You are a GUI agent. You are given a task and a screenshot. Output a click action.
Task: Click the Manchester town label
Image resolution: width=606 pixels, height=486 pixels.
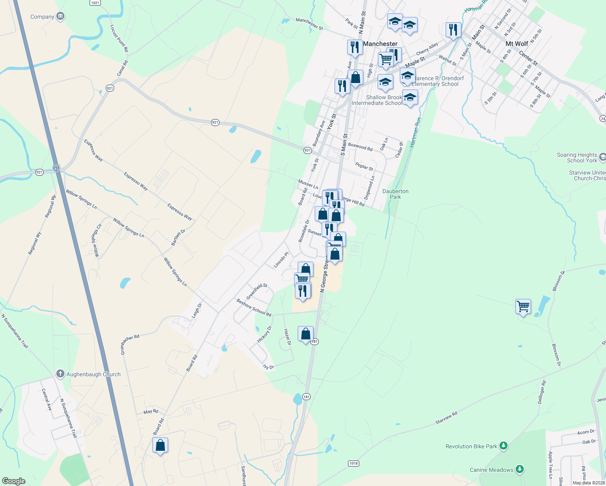point(380,44)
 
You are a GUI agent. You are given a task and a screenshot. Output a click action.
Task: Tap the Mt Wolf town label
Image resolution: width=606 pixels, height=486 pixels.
point(517,44)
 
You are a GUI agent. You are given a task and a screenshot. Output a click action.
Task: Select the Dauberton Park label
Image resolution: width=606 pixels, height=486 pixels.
point(395,194)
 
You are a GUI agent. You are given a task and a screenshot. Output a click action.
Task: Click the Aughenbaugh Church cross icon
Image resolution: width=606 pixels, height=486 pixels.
point(60,374)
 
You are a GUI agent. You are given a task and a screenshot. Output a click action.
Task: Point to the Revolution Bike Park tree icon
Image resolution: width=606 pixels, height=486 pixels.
point(504,446)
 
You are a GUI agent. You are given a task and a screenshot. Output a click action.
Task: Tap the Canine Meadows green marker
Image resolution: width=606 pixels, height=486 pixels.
point(520,470)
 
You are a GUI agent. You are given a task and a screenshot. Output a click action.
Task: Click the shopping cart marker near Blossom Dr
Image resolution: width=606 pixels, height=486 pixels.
point(523,307)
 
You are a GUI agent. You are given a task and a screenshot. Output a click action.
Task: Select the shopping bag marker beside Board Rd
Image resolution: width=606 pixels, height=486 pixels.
point(160,445)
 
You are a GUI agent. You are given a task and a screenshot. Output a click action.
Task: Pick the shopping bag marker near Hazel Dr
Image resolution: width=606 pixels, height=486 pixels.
point(305,334)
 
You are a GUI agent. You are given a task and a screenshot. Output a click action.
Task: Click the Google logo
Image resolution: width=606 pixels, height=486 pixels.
point(14,481)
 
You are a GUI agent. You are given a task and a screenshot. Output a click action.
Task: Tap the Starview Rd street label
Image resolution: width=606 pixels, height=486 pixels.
point(446,418)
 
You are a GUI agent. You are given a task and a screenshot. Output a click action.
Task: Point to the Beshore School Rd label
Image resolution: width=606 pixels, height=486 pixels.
point(254,307)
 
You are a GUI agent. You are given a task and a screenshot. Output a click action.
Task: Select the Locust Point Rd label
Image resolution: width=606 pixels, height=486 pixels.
point(119,38)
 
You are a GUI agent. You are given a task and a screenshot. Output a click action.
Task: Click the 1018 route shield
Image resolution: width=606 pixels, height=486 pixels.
point(354,463)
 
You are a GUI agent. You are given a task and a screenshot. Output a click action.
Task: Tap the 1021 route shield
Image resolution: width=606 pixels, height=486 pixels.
point(95,3)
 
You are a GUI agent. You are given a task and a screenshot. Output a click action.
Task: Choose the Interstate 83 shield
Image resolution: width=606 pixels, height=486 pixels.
point(56,168)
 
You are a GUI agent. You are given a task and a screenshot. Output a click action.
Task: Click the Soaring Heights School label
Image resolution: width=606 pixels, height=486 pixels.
point(577,158)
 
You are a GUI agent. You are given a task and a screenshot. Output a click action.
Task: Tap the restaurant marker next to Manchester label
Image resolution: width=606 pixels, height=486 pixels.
point(354,47)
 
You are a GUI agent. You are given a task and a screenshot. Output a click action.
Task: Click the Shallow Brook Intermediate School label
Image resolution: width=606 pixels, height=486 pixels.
point(377,100)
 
